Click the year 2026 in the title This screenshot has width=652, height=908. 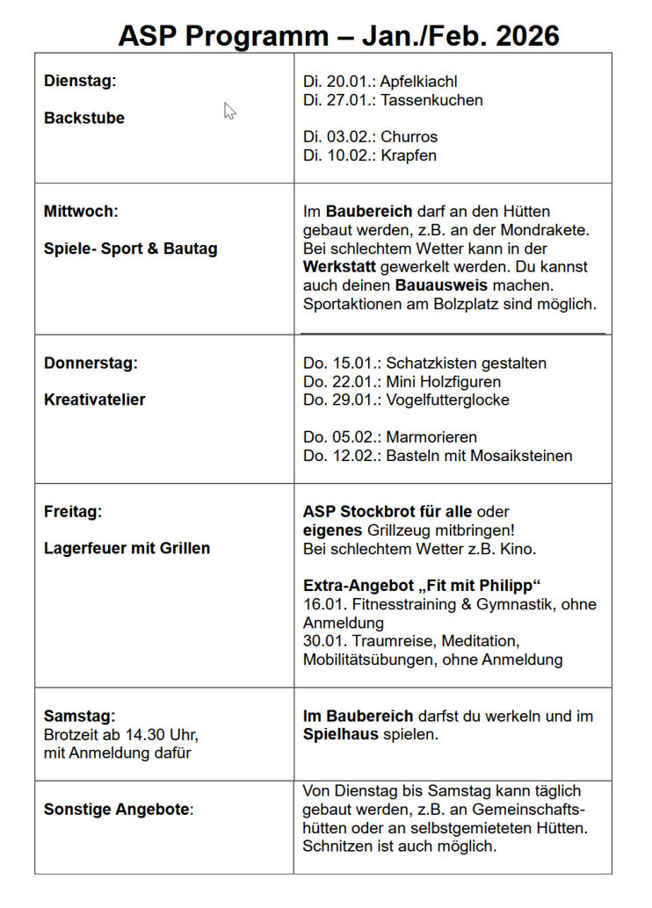526,36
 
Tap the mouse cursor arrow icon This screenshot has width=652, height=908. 229,111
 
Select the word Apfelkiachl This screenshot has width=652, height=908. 419,82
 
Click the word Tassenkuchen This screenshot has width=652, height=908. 431,100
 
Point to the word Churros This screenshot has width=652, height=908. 409,137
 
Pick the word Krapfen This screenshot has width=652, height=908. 409,155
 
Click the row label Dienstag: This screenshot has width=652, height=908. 80,81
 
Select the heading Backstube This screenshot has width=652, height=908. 84,118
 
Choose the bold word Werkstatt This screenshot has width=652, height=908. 338,267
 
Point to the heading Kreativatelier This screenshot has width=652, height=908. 95,400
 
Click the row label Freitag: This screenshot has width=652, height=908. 73,511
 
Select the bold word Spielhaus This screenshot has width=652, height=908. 341,733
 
